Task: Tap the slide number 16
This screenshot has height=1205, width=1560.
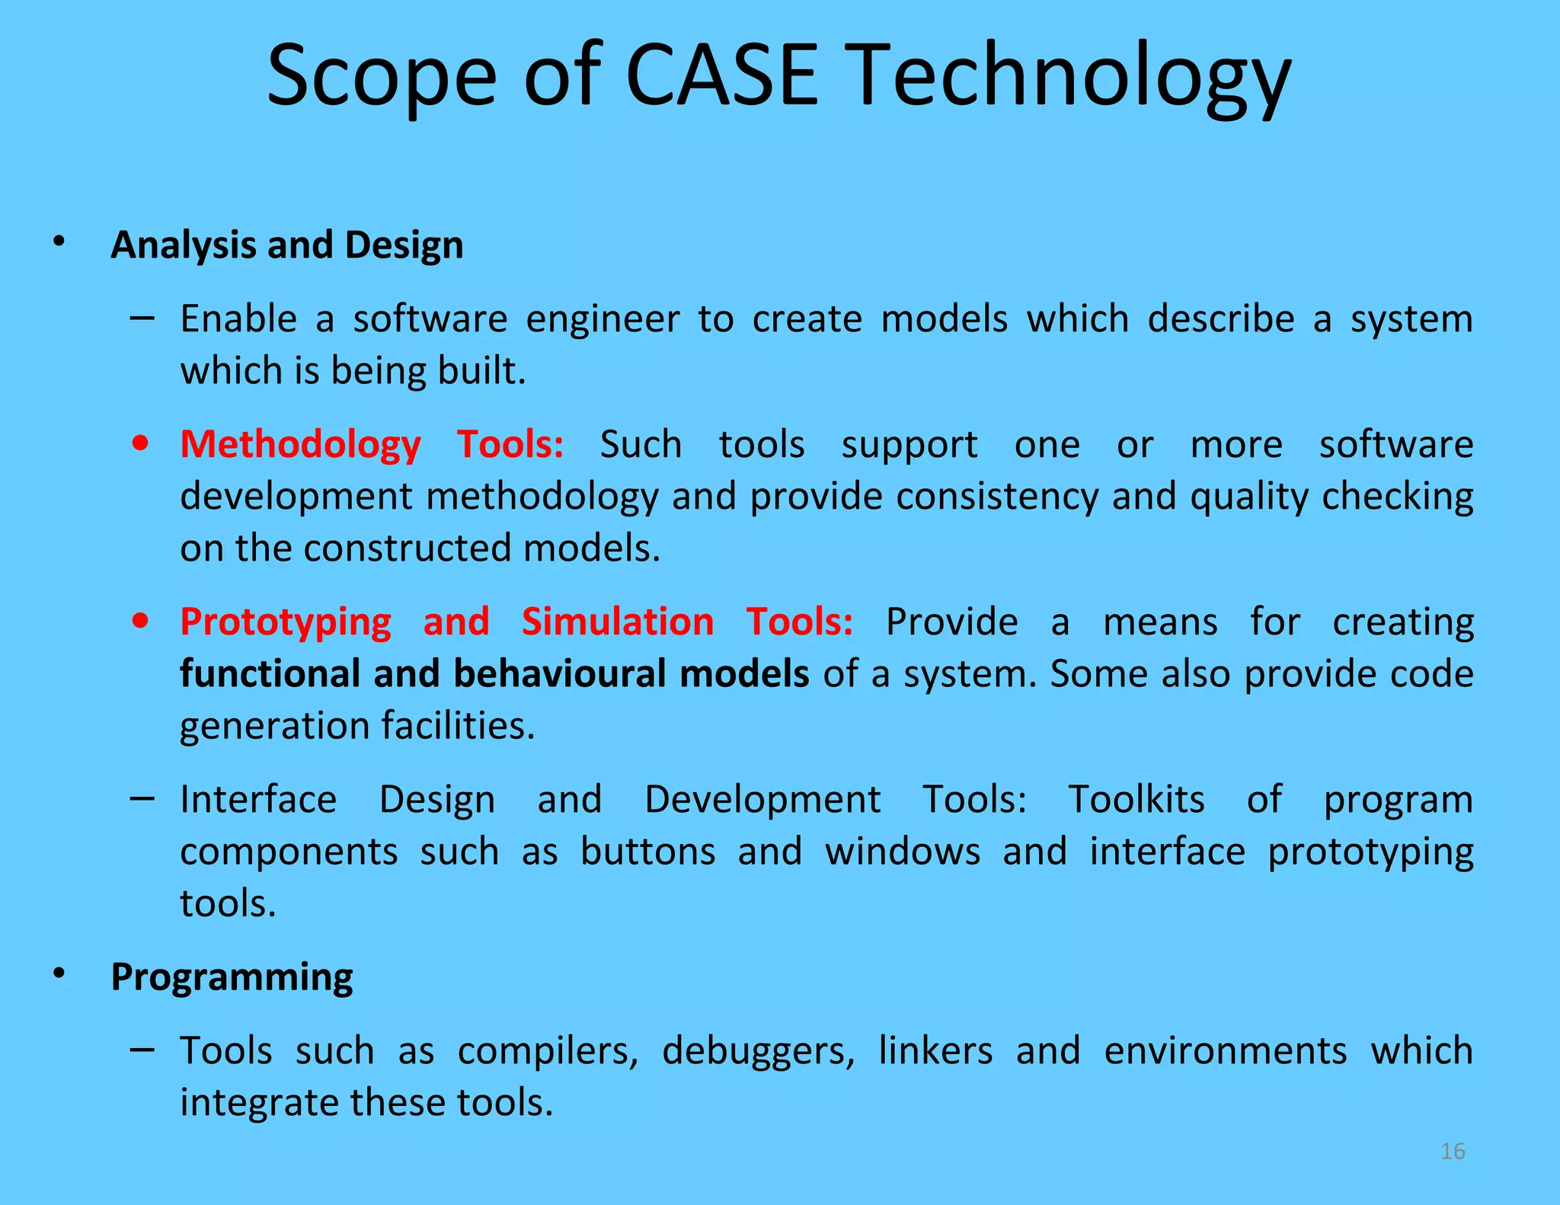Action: point(1453,1151)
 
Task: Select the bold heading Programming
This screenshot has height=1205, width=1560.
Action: point(232,977)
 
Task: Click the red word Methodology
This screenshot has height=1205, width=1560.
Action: point(300,445)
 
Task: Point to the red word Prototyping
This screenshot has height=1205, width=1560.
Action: point(286,622)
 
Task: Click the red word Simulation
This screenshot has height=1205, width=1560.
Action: point(618,622)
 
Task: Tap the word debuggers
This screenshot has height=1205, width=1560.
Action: point(759,1051)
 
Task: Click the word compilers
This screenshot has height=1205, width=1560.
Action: point(547,1051)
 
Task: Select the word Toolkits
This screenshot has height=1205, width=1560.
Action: point(1136,800)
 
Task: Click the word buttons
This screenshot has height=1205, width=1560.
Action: point(647,852)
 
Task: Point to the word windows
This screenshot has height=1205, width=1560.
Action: point(903,852)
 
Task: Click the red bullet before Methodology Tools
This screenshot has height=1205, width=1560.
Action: point(140,443)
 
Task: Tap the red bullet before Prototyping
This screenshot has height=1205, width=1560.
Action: point(140,621)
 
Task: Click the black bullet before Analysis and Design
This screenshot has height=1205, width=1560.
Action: point(59,243)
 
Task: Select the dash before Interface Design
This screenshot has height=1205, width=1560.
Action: point(142,798)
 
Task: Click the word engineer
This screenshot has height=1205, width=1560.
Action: point(603,319)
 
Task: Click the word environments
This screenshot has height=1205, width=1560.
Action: point(1225,1051)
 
